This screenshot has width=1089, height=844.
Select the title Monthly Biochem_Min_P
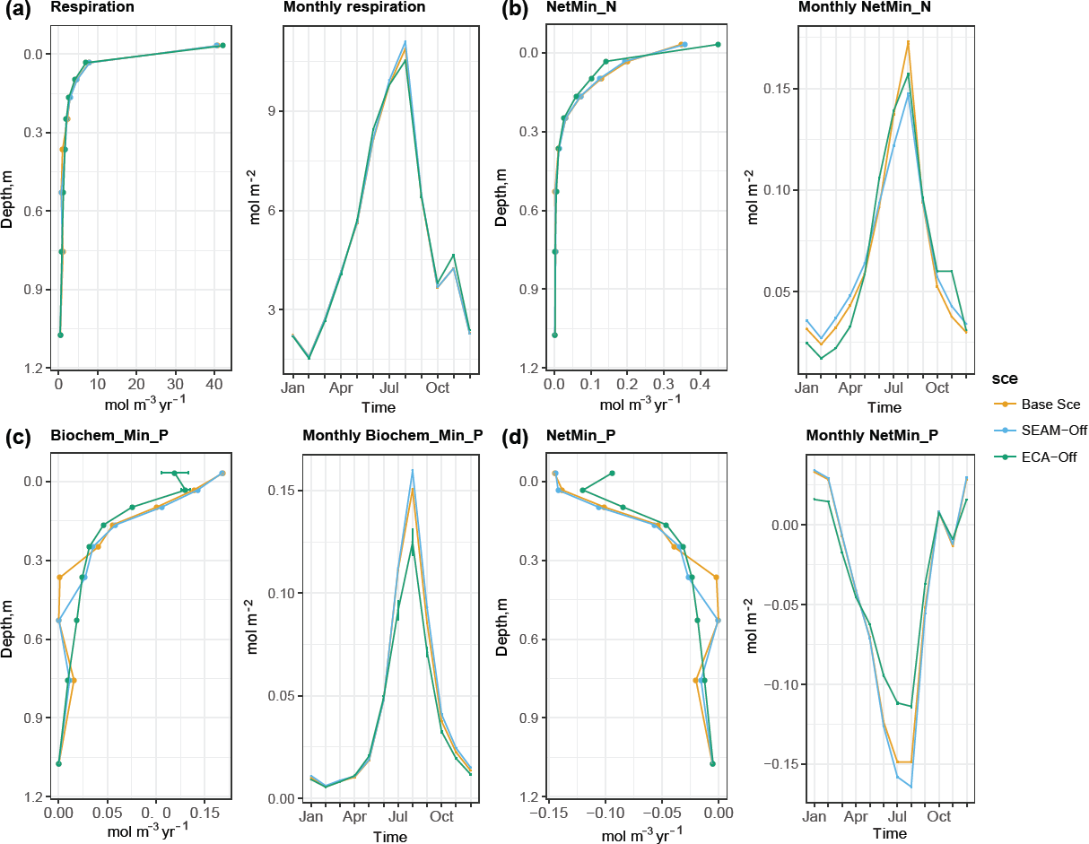click(x=392, y=437)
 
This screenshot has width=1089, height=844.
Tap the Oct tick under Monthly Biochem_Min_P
click(x=440, y=818)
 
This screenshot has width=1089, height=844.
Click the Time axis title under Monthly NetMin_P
click(x=891, y=834)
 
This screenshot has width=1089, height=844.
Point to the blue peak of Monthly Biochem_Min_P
click(x=413, y=470)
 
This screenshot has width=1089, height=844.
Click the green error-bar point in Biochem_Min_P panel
click(x=175, y=473)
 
